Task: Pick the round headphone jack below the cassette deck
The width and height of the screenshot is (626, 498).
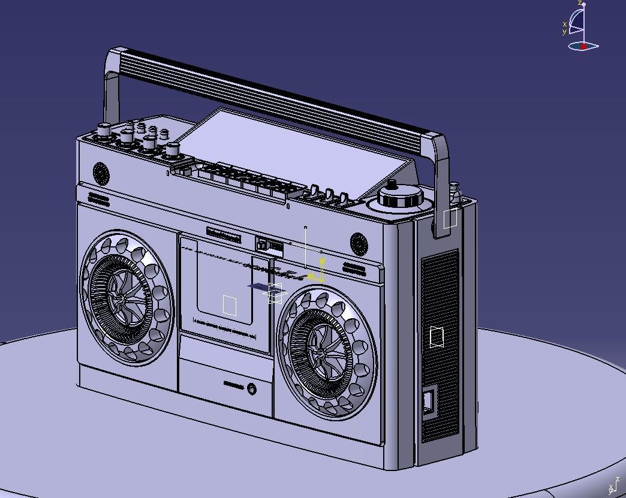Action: [x=252, y=389]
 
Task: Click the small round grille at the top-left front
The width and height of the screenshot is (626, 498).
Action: [x=101, y=174]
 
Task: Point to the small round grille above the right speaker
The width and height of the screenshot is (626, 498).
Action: [x=359, y=244]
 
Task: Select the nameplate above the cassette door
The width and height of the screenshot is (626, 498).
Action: [x=224, y=235]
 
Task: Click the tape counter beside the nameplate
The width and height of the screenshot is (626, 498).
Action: [x=270, y=246]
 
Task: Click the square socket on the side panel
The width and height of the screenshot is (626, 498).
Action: [x=429, y=402]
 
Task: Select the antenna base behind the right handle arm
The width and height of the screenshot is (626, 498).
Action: [x=454, y=193]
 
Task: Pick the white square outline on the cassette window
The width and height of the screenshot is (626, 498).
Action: [x=230, y=305]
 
